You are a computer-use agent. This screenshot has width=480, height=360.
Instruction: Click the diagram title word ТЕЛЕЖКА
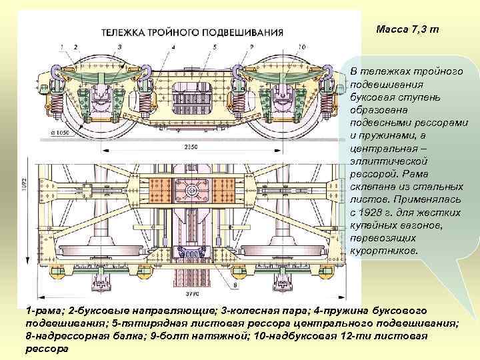pos(123,31)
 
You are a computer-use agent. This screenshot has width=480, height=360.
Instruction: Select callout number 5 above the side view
pos(215,47)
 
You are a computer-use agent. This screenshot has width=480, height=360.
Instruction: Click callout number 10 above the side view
pos(302,47)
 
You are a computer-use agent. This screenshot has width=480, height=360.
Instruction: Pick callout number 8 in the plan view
pos(235,286)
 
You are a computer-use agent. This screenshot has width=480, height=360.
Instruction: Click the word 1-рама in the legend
pos(43,311)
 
